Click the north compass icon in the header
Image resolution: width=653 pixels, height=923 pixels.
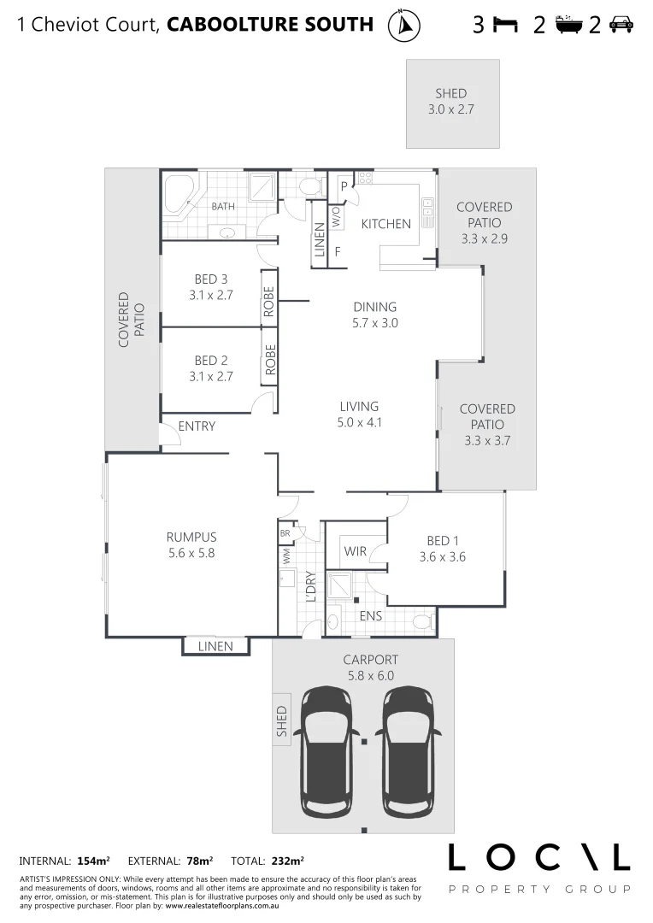click(x=403, y=26)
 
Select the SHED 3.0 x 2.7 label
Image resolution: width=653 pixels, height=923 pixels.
click(x=451, y=102)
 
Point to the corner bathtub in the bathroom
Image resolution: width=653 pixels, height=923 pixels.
click(x=180, y=195)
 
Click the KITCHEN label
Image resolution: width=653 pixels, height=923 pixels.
click(x=385, y=224)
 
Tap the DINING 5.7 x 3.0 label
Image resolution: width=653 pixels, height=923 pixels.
click(x=375, y=315)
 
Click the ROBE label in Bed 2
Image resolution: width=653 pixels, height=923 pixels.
click(x=270, y=360)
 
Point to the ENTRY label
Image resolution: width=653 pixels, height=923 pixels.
click(x=197, y=426)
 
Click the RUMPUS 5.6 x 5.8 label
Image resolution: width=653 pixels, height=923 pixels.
click(x=191, y=545)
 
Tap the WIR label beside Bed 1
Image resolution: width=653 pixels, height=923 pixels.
click(x=356, y=552)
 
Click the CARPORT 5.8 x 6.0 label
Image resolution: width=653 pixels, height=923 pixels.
click(x=370, y=667)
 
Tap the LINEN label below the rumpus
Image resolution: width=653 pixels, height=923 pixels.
click(x=215, y=647)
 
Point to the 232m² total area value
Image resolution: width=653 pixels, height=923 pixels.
click(x=287, y=861)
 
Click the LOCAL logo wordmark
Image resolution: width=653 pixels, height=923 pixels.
click(x=538, y=857)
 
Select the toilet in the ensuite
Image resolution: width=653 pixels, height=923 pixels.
click(x=421, y=620)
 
